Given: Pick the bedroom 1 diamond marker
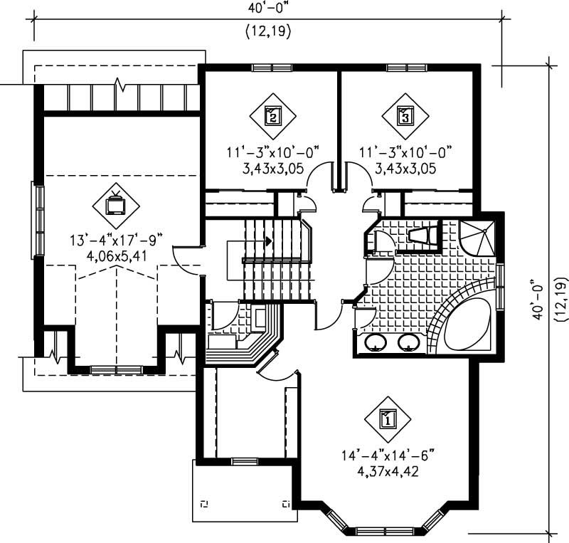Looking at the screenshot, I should (x=388, y=419).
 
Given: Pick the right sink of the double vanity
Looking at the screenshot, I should (x=409, y=343).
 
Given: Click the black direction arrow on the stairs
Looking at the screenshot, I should (x=268, y=241).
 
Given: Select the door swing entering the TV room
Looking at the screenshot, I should (x=187, y=260).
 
